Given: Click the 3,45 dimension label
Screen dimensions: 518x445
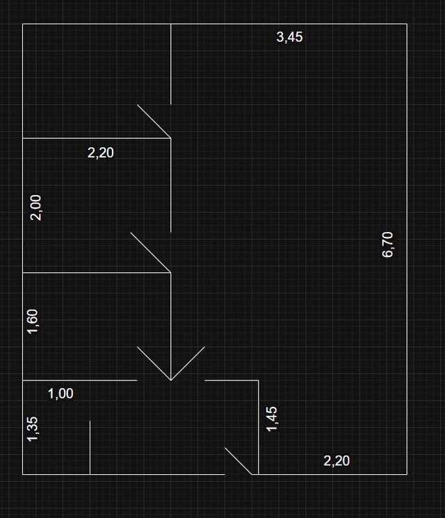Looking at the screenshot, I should [x=289, y=37].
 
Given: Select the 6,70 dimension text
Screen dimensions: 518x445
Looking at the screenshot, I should [x=388, y=244].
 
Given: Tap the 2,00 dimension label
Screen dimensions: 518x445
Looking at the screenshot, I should [x=35, y=207].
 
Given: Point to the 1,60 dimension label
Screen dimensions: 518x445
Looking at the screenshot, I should [x=33, y=321].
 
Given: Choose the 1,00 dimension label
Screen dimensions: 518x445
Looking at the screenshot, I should [x=60, y=394].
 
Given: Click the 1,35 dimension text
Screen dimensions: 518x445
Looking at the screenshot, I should [x=33, y=428].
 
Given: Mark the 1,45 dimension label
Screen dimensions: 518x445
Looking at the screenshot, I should [x=272, y=418].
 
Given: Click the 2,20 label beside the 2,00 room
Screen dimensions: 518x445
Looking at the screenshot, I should [x=101, y=153].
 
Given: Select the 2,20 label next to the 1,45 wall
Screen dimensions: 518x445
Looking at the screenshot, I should [x=337, y=460].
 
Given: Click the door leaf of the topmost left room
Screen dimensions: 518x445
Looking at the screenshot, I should [x=154, y=122].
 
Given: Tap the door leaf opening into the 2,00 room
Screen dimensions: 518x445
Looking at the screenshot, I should [x=150, y=252].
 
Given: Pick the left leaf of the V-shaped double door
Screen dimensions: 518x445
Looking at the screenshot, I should [x=154, y=363].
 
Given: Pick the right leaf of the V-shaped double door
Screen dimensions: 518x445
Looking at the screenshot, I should [x=188, y=363].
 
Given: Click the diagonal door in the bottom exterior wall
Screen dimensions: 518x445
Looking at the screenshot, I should [x=238, y=461].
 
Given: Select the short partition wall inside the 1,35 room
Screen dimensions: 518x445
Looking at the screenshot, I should [x=90, y=448].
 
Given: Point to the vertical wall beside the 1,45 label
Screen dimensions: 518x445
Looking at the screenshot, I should [x=259, y=427].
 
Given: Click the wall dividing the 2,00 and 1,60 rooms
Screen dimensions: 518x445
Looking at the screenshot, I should [x=97, y=273].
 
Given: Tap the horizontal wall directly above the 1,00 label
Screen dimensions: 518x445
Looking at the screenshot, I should [x=80, y=381].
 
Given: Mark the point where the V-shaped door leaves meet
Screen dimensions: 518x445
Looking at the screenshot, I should [x=171, y=380].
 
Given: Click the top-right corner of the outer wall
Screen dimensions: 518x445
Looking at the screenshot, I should [x=407, y=24].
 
